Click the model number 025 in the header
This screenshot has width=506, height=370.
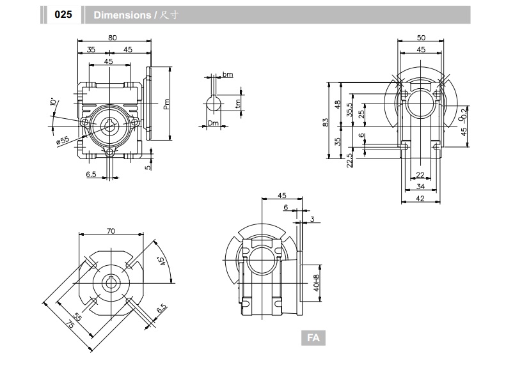(x=63, y=15)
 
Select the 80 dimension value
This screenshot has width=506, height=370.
(x=113, y=38)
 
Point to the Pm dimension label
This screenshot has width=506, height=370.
(x=166, y=103)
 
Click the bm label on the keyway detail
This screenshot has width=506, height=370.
(x=228, y=75)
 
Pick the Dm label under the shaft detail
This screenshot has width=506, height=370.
(x=213, y=123)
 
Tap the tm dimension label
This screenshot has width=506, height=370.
(x=238, y=103)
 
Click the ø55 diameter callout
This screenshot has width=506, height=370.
(x=62, y=139)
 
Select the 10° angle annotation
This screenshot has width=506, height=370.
(x=53, y=102)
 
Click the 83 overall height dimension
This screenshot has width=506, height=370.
(x=326, y=121)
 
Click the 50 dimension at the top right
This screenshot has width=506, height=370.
(x=420, y=38)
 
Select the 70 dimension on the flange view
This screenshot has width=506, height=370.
(x=111, y=231)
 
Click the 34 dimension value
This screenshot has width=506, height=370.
(x=420, y=187)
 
